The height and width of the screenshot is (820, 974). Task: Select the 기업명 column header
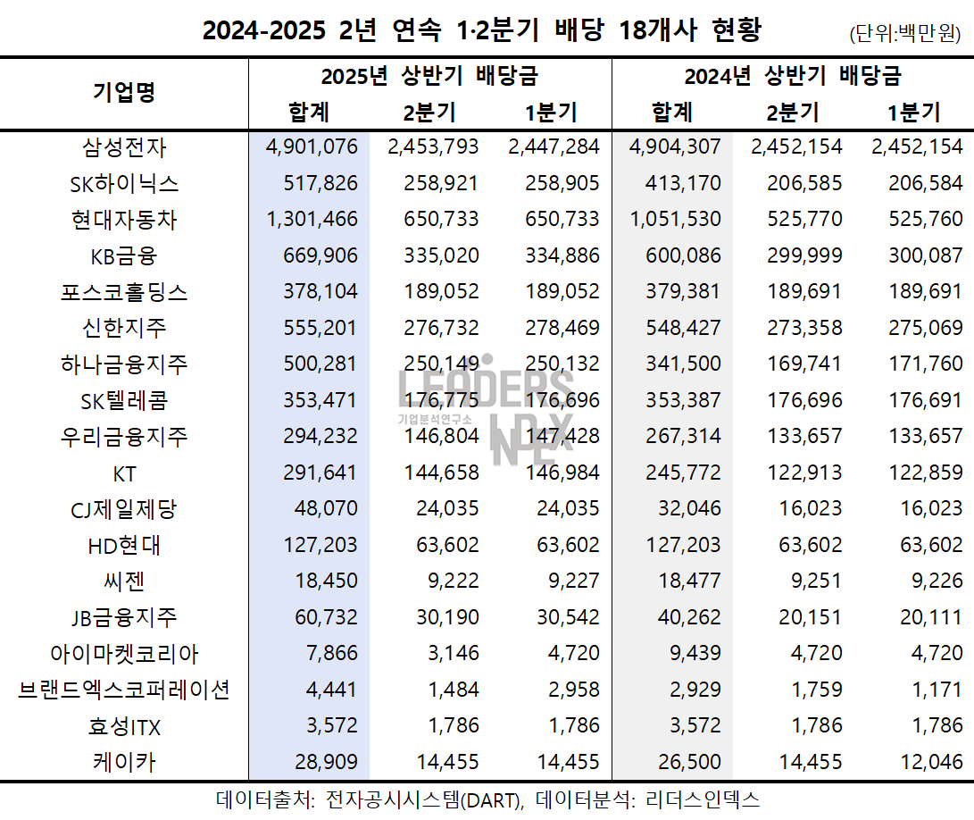tap(124, 92)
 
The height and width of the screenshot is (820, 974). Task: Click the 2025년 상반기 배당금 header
tap(429, 76)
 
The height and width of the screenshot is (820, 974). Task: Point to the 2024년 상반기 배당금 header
tap(793, 76)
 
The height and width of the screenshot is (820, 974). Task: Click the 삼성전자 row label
tap(124, 147)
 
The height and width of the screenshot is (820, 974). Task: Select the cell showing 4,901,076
tap(312, 147)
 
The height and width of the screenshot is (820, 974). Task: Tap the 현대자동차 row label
tap(124, 220)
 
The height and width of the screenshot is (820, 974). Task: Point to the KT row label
tap(124, 473)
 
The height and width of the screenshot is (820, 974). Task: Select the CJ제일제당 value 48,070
tap(326, 509)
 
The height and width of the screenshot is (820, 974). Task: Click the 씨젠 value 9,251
tap(814, 582)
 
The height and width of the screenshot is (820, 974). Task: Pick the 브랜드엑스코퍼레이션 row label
tap(124, 690)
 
